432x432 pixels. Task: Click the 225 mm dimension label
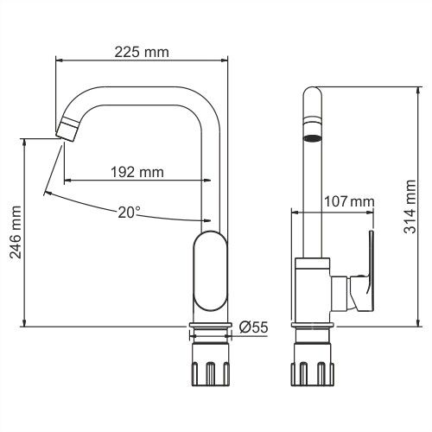142,53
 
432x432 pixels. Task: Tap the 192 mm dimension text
137,172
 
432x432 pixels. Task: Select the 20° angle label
129,213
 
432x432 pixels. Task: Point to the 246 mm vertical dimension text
16,232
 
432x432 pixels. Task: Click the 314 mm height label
410,206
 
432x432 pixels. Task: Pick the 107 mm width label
349,201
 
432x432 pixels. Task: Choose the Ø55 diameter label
253,327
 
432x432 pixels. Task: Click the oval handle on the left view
210,271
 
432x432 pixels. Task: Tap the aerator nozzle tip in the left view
67,130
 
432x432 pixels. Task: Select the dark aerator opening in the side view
312,138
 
